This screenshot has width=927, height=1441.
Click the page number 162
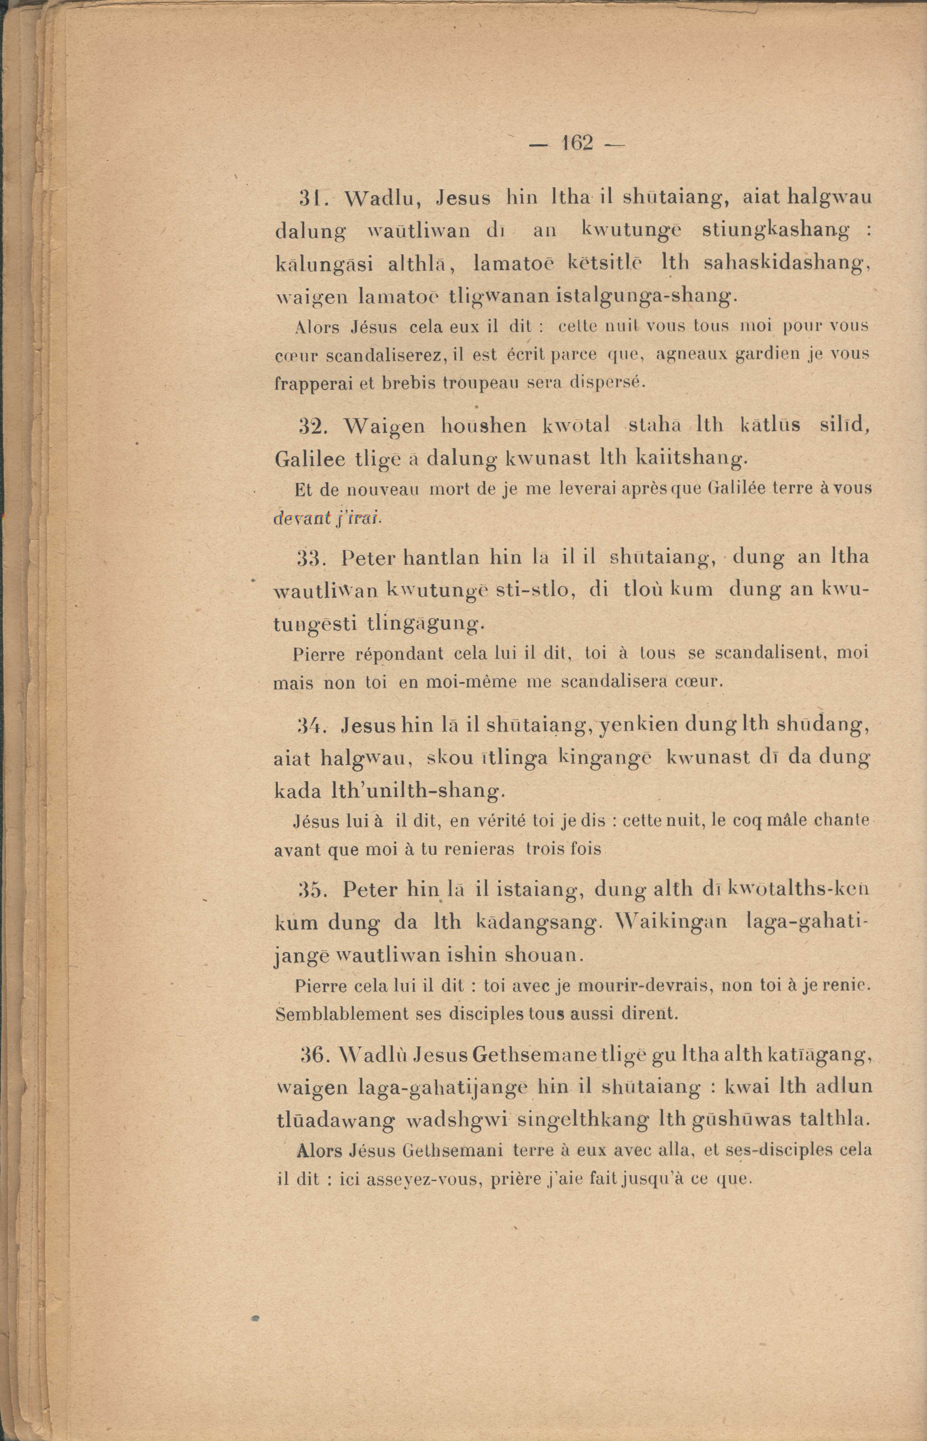click(577, 143)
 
